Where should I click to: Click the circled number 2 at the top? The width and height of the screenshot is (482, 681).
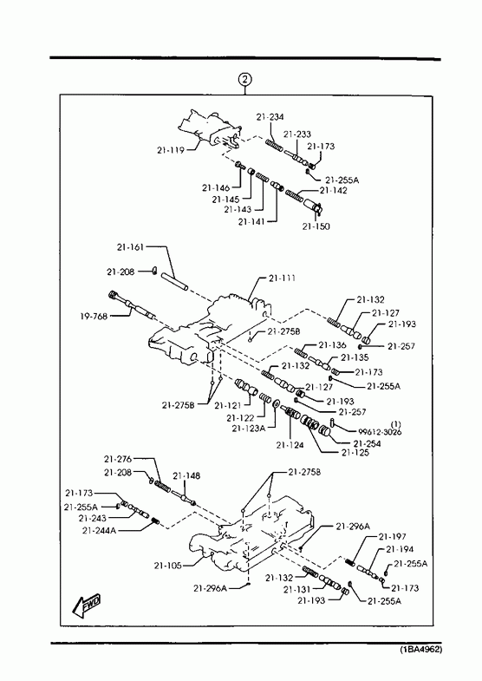(x=245, y=80)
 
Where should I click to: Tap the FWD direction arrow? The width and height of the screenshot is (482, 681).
(x=87, y=605)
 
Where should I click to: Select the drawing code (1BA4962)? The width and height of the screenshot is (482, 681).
(x=420, y=650)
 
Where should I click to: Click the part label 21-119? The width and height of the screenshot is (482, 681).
(x=171, y=150)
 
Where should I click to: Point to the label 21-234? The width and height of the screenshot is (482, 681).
(x=270, y=117)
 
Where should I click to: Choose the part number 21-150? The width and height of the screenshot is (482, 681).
(x=316, y=226)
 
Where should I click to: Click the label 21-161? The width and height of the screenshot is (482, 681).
(x=130, y=247)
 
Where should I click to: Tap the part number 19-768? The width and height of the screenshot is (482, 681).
(x=94, y=317)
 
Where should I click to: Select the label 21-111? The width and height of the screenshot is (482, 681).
(x=282, y=278)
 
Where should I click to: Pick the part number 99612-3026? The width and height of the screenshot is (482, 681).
(x=380, y=432)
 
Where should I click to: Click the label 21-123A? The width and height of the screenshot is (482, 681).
(x=248, y=429)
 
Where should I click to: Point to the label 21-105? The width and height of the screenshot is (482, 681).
(x=167, y=566)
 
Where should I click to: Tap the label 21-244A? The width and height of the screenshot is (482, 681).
(x=99, y=530)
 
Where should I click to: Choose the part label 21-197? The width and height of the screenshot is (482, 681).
(x=392, y=537)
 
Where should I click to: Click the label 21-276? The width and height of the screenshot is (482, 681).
(x=118, y=459)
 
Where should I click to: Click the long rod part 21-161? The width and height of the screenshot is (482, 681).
(x=175, y=282)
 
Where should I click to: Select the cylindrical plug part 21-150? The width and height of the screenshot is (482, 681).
(x=313, y=206)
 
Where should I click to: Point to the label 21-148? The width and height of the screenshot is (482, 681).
(x=186, y=476)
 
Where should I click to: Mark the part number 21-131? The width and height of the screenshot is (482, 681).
(x=297, y=589)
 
